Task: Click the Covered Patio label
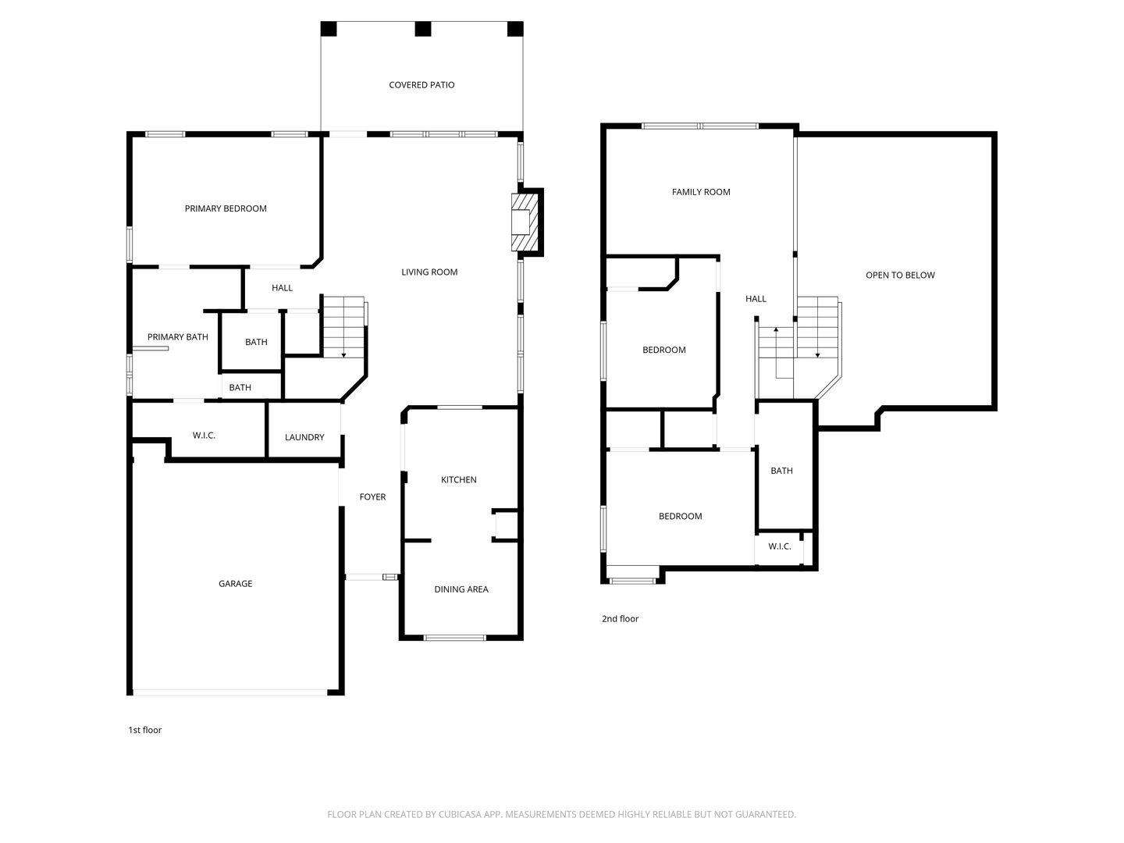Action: [x=421, y=85]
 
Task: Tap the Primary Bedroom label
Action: [x=226, y=208]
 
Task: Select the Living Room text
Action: [x=429, y=272]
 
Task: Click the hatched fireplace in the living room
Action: [x=525, y=222]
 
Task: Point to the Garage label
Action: [x=235, y=584]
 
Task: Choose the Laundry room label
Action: [x=304, y=437]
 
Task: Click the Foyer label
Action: [x=372, y=496]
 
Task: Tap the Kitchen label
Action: [x=458, y=479]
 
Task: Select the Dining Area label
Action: [x=461, y=589]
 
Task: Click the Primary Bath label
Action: [x=178, y=336]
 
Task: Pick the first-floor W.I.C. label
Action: [x=204, y=436]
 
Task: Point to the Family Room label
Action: [x=701, y=192]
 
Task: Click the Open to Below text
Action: [x=900, y=275]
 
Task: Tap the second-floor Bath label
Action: [x=781, y=471]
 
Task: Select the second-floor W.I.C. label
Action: [x=779, y=546]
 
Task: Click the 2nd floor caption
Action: [x=620, y=619]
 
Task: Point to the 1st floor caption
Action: [x=144, y=730]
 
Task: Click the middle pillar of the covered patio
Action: [x=422, y=29]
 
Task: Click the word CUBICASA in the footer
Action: [x=460, y=814]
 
